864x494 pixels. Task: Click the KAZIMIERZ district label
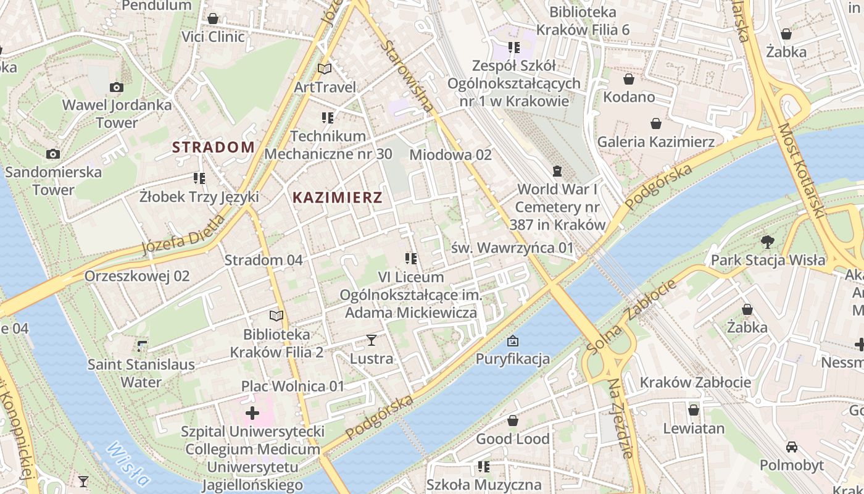tap(337, 198)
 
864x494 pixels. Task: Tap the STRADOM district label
tap(213, 147)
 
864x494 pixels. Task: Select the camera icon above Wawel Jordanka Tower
tap(116, 88)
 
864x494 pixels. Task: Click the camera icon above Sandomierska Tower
tap(53, 154)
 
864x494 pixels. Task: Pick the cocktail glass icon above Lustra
tap(371, 340)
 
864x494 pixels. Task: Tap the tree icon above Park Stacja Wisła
tap(767, 241)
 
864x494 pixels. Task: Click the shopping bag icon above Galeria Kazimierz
tap(655, 124)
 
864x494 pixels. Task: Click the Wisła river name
tap(128, 464)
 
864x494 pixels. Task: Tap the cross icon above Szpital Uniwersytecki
tap(252, 412)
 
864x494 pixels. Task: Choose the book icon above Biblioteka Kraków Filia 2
tap(276, 316)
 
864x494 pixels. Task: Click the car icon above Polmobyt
tap(791, 446)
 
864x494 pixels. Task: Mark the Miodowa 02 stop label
tap(451, 154)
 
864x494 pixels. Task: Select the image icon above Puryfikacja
tap(512, 341)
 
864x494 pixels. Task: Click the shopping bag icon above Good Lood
tap(512, 421)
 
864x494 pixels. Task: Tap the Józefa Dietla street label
tap(183, 235)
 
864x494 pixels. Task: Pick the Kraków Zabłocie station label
tap(695, 382)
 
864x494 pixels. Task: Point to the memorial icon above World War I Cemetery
tap(557, 170)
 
